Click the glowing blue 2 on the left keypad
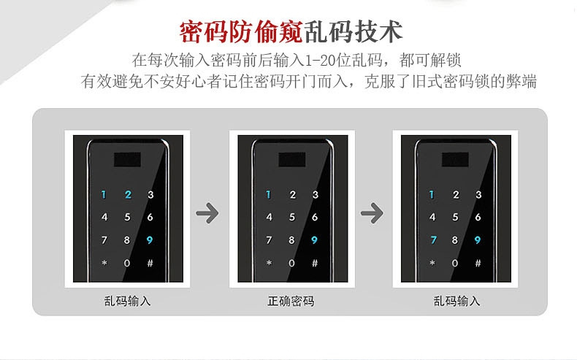pos(127,195)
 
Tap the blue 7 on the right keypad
pos(433,240)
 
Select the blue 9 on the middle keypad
pos(314,240)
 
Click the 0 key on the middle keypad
pos(291,263)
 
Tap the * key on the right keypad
pos(433,263)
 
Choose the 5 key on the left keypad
pos(127,217)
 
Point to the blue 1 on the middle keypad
pos(269,195)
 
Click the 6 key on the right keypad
pos(478,217)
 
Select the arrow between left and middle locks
pos(208,214)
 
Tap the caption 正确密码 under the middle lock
pos(291,301)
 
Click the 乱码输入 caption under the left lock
pos(127,301)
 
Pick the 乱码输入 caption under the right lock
pos(456,301)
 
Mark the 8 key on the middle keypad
pos(291,240)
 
